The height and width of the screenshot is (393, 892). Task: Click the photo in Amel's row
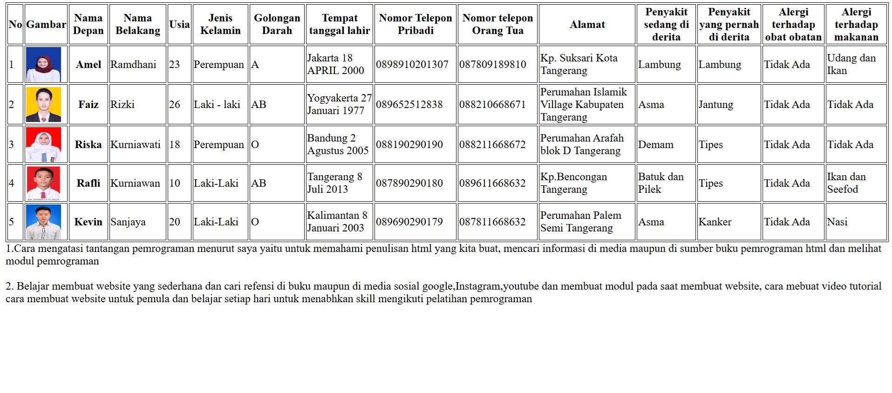point(43,65)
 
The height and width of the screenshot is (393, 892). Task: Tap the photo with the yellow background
point(43,105)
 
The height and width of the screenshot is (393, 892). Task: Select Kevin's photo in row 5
point(43,222)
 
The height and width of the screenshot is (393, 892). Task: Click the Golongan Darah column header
point(277,24)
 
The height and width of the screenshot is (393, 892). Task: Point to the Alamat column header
point(587,24)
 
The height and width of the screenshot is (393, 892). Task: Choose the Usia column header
point(179,24)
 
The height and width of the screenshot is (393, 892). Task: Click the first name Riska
point(88,145)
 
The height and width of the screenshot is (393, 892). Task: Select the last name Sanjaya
point(128,222)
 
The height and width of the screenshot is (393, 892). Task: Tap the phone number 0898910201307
point(412,65)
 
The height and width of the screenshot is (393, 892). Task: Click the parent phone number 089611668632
point(492,183)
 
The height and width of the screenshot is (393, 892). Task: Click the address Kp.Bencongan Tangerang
point(573,183)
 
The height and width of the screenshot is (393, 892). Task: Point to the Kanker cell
point(715,222)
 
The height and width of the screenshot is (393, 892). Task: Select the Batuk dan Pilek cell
point(660,183)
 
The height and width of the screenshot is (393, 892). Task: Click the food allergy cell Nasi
point(837,222)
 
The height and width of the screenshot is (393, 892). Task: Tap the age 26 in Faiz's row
point(175,105)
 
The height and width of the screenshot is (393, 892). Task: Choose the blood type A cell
point(255,65)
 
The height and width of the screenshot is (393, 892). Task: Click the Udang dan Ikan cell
point(851,64)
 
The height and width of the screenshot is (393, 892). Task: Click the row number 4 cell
point(12,183)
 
